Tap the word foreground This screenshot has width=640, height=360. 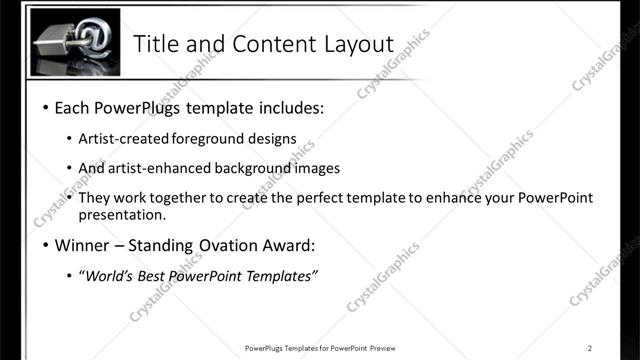220,139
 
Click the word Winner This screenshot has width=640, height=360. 82,245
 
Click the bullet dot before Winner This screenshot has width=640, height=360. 46,245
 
